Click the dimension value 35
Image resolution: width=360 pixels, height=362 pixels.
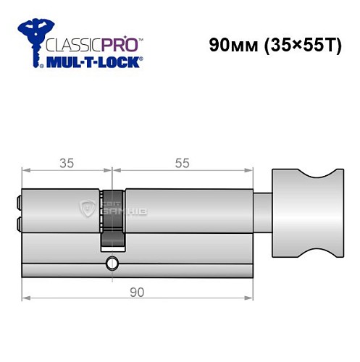click(x=67, y=164)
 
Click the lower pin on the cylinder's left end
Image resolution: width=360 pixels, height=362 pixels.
click(x=18, y=225)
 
